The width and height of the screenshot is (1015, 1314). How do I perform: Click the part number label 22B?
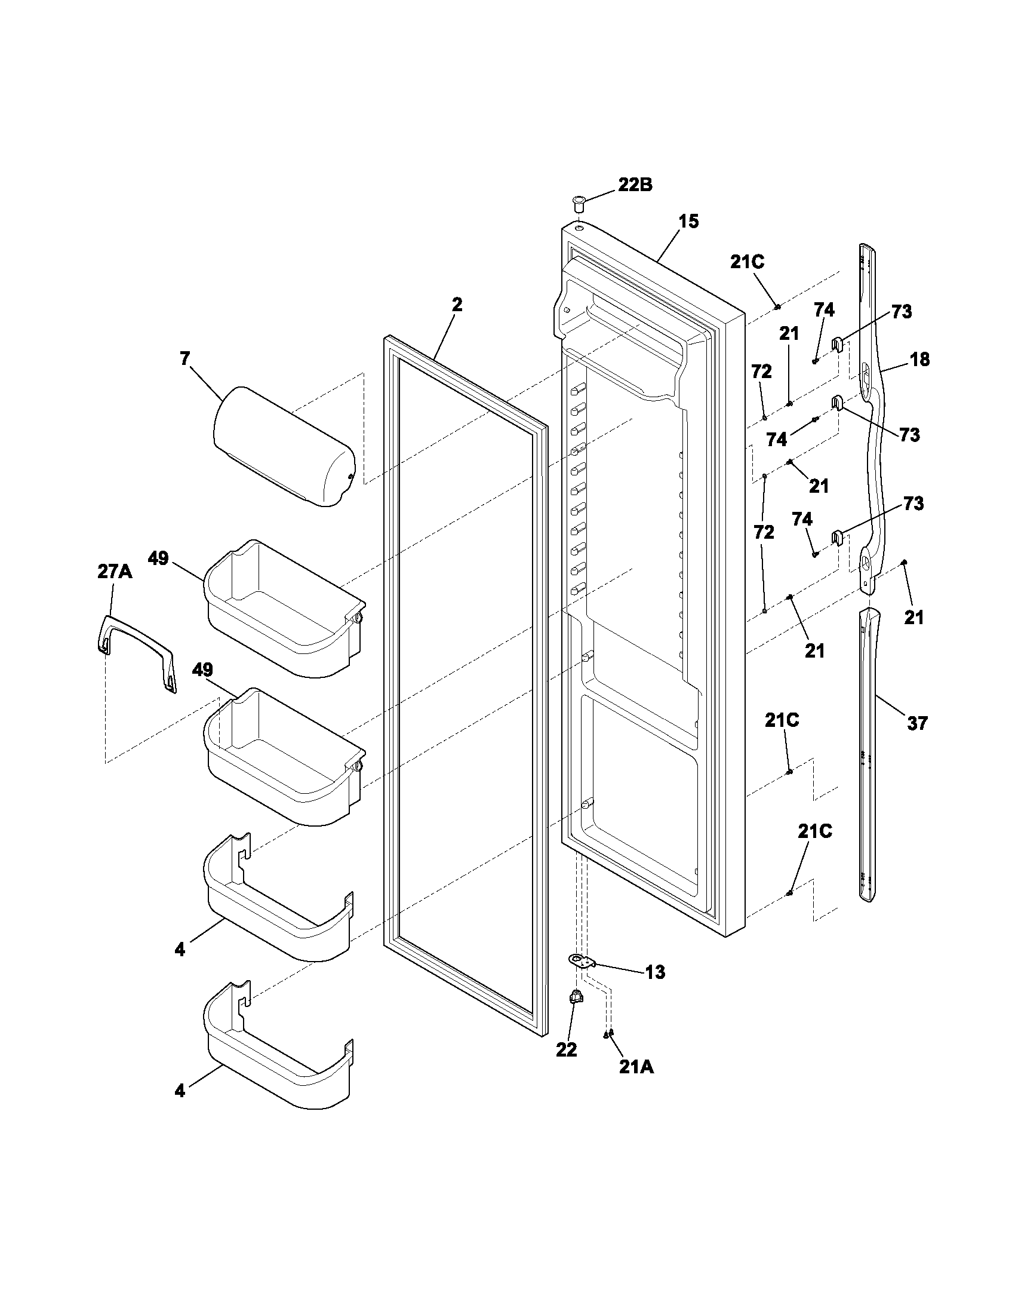pos(635,185)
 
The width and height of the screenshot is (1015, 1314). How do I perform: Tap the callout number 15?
pos(689,222)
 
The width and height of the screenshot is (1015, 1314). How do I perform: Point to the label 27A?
pos(114,572)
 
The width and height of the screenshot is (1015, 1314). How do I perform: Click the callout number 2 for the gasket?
pos(457,305)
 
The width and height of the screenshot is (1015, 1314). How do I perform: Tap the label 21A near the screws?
pos(636,1067)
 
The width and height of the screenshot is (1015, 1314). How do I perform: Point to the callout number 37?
pos(917,723)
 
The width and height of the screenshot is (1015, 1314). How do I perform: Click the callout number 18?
pos(920,360)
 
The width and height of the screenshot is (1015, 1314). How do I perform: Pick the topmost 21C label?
pos(748,262)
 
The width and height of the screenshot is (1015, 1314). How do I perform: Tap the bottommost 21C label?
pos(815,832)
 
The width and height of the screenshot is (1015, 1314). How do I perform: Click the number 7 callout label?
pos(184,358)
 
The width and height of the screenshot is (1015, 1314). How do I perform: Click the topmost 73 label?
pos(901,312)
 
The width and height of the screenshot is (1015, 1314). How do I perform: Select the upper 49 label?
pos(158,558)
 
